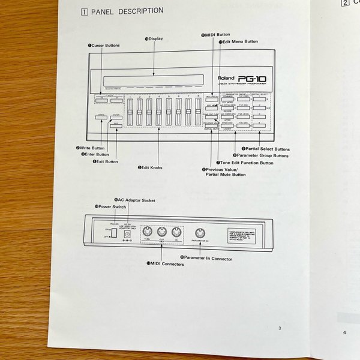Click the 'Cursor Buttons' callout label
coord(104,46)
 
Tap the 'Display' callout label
coord(155,39)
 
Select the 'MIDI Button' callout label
coord(216,35)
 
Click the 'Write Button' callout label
coord(91,148)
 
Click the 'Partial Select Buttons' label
coord(266,149)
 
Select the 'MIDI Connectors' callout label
coord(166,263)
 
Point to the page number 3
coord(279,328)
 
